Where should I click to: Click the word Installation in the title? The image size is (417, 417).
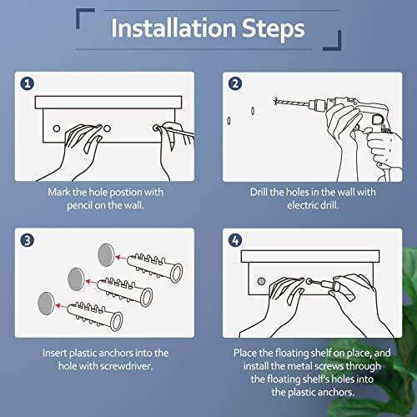(173, 28)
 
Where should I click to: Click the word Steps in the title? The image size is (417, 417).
(273, 29)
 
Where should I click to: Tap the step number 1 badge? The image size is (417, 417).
(28, 83)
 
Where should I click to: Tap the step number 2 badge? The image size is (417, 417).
(235, 83)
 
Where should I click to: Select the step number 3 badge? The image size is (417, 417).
(28, 240)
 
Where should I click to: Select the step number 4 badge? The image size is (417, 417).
(235, 240)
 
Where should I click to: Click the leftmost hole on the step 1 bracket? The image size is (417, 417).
(57, 128)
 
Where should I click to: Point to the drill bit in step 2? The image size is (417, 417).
(291, 103)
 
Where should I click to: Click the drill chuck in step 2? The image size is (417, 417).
(318, 105)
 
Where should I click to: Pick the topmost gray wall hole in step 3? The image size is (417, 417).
(106, 255)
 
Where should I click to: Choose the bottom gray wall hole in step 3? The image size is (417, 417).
(46, 304)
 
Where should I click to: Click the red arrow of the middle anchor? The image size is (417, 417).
(91, 282)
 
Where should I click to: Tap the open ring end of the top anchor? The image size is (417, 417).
(177, 273)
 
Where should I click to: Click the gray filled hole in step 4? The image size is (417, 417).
(261, 281)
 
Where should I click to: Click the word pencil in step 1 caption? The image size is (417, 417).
(79, 206)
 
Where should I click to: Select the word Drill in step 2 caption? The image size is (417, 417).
(259, 192)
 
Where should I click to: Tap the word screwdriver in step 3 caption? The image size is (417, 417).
(126, 366)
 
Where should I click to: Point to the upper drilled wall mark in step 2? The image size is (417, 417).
(253, 111)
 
